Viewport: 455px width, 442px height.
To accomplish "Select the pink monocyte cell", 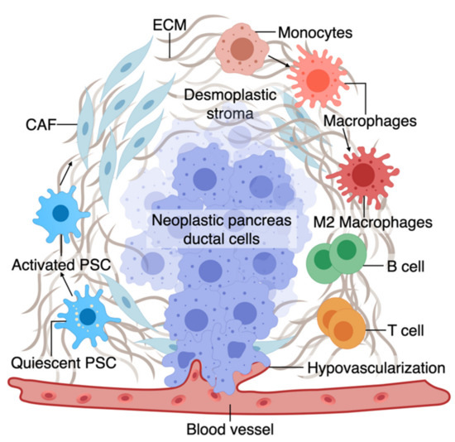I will [242, 47].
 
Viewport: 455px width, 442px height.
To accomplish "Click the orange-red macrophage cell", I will [320, 80].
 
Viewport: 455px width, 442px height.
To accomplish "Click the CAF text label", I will [36, 125].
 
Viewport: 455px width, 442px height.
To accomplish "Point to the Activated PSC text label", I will [58, 267].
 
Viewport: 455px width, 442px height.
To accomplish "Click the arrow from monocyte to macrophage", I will [280, 60].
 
